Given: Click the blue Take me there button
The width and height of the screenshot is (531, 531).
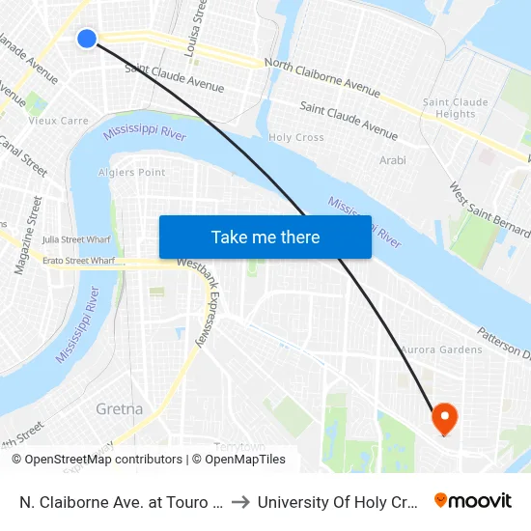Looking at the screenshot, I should (265, 237).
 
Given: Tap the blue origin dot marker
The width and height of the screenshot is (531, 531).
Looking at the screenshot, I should (87, 39).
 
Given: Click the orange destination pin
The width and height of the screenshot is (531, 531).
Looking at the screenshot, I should (444, 418).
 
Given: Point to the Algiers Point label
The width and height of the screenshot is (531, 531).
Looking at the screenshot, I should (132, 173).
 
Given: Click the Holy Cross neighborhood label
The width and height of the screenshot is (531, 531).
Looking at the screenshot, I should (296, 138).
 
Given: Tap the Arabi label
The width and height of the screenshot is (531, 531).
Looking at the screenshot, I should (393, 160).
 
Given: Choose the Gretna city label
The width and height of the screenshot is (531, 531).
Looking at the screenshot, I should (120, 408).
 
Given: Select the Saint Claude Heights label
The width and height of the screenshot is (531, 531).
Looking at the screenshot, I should (456, 108).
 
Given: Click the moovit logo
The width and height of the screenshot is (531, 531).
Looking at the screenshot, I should (473, 500).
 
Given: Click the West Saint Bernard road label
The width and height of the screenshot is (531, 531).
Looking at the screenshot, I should (489, 208).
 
